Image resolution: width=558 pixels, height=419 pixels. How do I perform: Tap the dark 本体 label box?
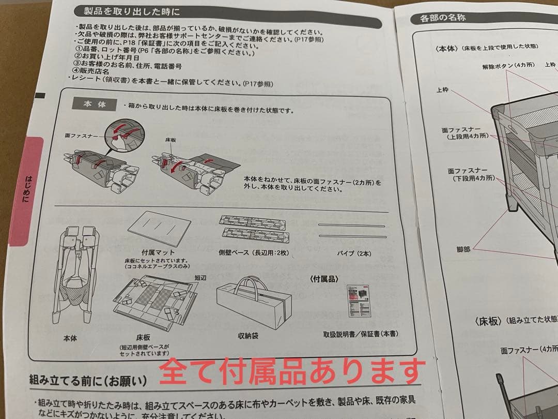(95, 104)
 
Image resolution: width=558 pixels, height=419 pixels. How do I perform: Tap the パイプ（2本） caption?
(354, 253)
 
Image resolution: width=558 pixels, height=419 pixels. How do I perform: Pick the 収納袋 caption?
(248, 336)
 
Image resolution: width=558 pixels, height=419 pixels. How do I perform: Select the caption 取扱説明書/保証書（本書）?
(361, 334)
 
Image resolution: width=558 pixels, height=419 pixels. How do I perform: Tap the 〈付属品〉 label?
(324, 279)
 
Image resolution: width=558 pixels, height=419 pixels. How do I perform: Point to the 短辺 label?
(200, 278)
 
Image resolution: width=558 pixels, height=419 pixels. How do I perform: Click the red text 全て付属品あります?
(292, 371)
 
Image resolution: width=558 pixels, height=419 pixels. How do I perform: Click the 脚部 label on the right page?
(463, 249)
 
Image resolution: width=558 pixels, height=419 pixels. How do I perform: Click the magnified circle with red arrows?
(127, 133)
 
